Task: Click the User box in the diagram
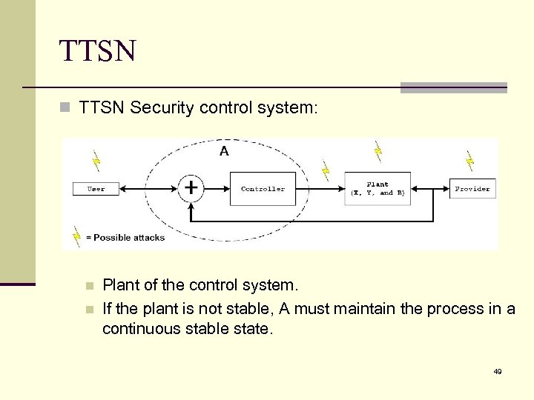(x=96, y=189)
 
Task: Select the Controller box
(x=263, y=189)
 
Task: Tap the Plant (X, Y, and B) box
(x=378, y=189)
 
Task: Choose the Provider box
(x=472, y=189)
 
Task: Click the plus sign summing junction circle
(x=191, y=188)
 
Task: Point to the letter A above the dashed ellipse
(x=224, y=151)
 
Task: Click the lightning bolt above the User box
(x=95, y=160)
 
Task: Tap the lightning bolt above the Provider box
(x=469, y=160)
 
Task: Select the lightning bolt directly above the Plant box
(x=378, y=152)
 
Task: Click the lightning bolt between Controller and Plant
(x=325, y=170)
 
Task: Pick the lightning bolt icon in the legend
(x=76, y=236)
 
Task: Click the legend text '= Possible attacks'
(x=125, y=238)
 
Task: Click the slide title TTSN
(x=98, y=51)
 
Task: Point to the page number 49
(x=498, y=371)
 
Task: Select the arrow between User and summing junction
(x=148, y=189)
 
